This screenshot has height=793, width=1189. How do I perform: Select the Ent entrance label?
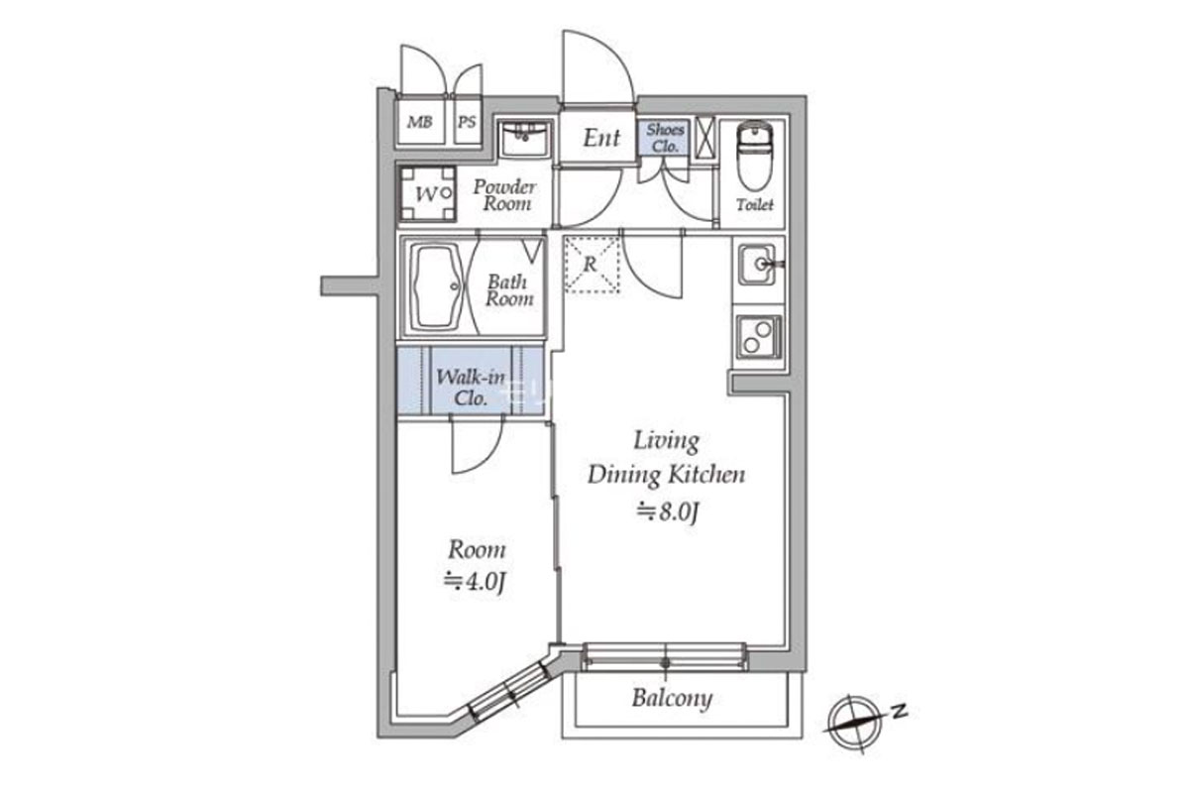pos(600,138)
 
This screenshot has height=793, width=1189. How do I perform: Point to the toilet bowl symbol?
pos(755,159)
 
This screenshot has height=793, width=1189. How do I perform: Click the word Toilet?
pos(755,205)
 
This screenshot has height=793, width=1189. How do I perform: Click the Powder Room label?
pos(504,195)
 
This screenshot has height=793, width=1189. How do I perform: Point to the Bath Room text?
pos(510,289)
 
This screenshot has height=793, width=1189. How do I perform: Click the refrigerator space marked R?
pos(591,265)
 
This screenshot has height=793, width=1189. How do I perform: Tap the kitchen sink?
pos(760,265)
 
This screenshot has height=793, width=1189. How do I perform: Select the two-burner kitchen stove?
pos(758,338)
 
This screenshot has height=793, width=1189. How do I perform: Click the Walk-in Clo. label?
pos(463,389)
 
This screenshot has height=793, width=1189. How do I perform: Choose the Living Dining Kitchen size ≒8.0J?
pos(667,511)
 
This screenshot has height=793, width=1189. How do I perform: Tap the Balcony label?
pos(672,699)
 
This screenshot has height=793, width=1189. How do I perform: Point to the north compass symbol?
pos(854,716)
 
